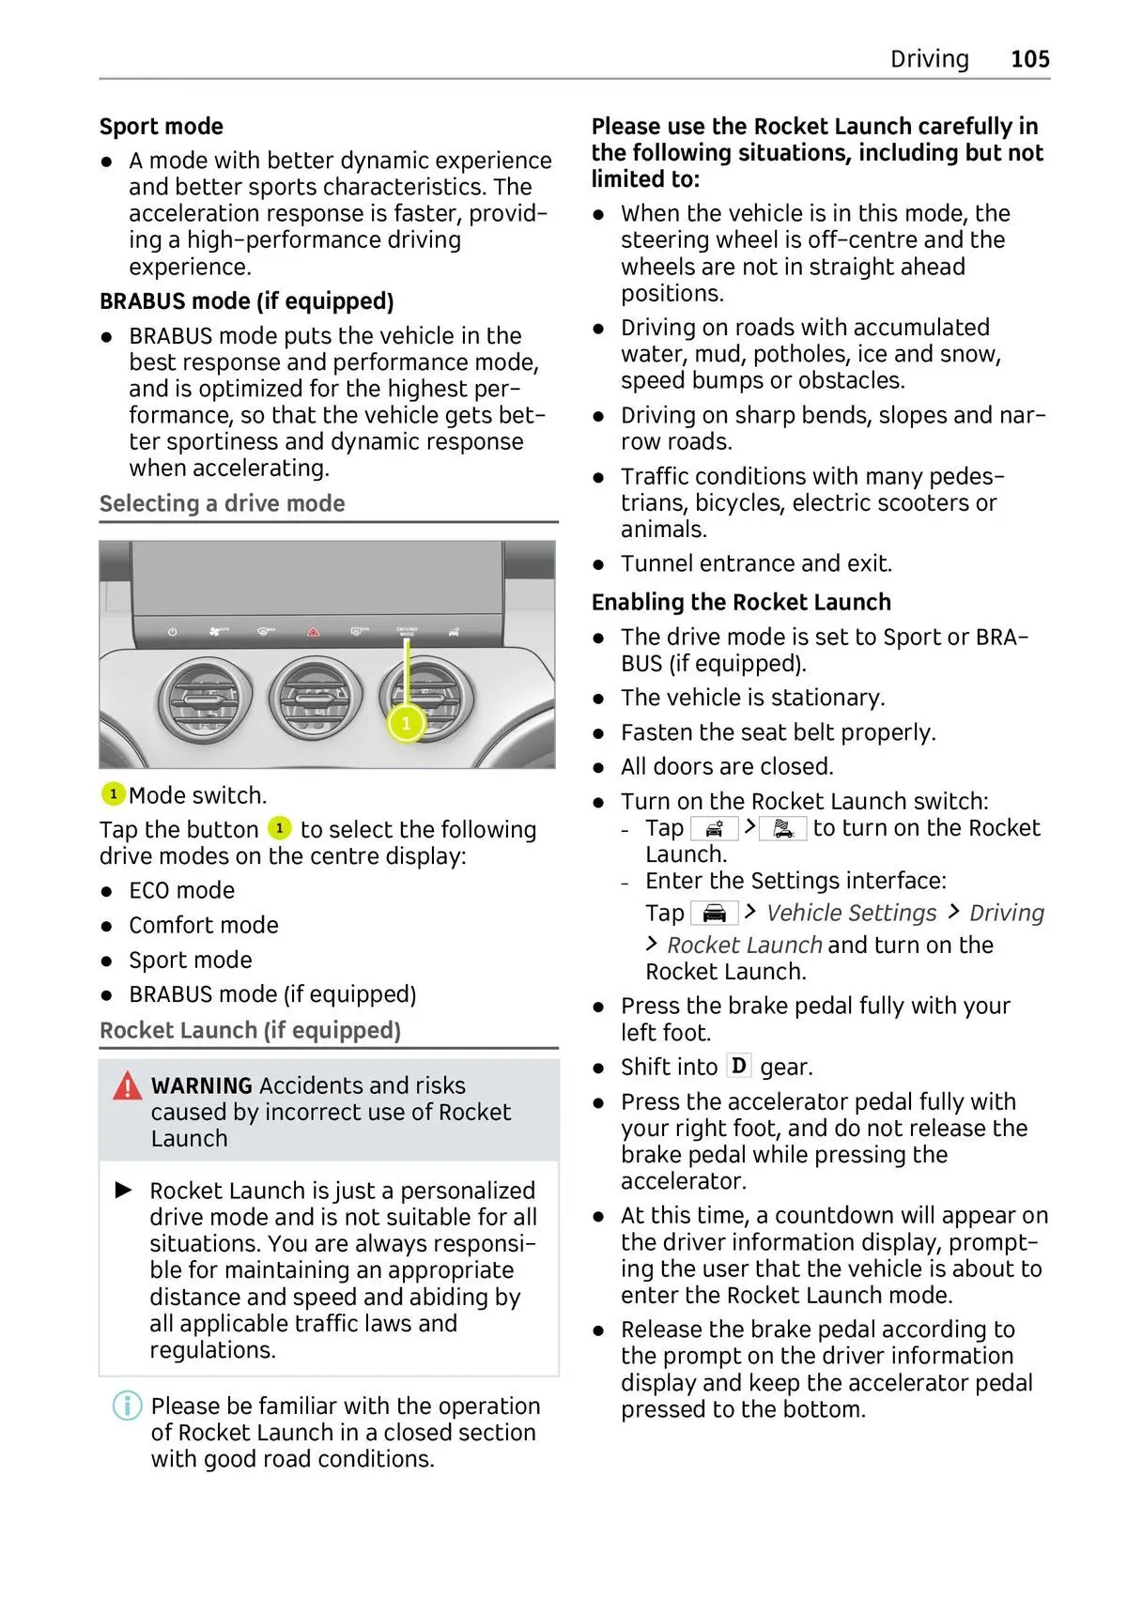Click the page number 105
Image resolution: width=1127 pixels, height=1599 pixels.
click(1029, 59)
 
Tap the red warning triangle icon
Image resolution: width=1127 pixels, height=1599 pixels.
click(127, 1086)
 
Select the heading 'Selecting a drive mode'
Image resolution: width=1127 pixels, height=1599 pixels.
click(222, 504)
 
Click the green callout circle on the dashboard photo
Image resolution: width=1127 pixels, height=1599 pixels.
click(406, 723)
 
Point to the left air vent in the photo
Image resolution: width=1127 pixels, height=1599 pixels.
click(205, 700)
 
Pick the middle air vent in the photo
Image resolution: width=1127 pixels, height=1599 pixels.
click(315, 700)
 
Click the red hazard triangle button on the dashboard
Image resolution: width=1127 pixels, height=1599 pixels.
click(314, 632)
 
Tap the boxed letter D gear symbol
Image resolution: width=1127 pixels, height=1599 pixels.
click(739, 1067)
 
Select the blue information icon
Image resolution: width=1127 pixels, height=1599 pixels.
click(127, 1406)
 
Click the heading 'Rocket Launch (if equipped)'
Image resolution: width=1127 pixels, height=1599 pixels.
click(250, 1031)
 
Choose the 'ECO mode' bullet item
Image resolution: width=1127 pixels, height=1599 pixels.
click(181, 891)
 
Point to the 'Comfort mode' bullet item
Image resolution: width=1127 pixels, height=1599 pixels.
click(203, 926)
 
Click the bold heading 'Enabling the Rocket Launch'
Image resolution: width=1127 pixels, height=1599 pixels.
click(741, 603)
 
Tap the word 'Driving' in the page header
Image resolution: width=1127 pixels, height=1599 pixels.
click(929, 59)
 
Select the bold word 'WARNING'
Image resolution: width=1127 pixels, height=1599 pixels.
click(201, 1086)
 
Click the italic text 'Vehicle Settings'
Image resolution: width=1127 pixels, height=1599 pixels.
click(851, 914)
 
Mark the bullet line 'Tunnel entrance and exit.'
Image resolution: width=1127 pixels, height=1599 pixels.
click(756, 564)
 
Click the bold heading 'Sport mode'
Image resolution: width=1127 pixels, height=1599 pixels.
click(162, 127)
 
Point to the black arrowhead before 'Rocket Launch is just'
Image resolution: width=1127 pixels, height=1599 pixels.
click(124, 1191)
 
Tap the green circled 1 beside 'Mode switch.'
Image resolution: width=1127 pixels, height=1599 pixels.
click(113, 794)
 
